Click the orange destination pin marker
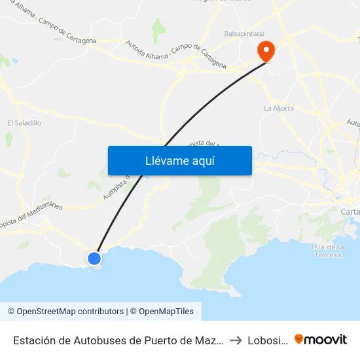coord(266,50)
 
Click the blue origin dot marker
coord(94,258)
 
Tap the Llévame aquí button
coord(179,160)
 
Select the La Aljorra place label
coord(278,108)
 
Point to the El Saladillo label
coord(24,122)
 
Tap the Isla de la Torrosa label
coord(328,250)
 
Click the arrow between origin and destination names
coord(236,340)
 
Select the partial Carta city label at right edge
coord(350,211)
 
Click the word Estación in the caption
coord(35,340)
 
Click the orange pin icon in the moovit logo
coord(299,339)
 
